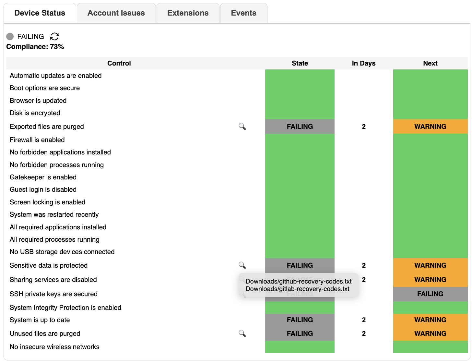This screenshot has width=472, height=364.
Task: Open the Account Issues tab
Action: (x=116, y=13)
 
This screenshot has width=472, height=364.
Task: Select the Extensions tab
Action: (x=188, y=13)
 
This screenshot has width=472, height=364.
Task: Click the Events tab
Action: (x=243, y=13)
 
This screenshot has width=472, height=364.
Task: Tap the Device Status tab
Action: (x=40, y=13)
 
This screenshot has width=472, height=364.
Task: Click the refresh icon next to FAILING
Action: (x=54, y=36)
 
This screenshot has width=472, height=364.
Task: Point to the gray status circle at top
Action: (x=10, y=36)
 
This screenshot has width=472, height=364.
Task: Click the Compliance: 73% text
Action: (x=35, y=47)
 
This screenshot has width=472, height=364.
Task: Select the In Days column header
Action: (x=363, y=63)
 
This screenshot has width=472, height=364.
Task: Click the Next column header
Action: (x=430, y=63)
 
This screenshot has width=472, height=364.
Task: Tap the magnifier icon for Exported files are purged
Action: (x=242, y=127)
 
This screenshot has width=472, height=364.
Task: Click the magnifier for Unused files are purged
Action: (x=242, y=334)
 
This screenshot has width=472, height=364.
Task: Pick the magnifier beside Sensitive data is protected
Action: (x=242, y=265)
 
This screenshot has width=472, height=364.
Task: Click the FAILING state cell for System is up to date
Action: (x=300, y=320)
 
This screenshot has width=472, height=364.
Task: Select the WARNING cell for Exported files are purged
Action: (x=430, y=127)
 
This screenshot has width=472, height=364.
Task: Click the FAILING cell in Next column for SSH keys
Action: (x=430, y=294)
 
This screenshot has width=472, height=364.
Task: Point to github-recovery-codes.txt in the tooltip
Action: (x=298, y=281)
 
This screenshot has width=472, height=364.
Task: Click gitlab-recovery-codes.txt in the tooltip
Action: (x=297, y=289)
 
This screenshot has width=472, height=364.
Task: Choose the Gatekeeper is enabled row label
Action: (x=43, y=177)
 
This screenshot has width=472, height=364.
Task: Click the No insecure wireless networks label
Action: (x=54, y=347)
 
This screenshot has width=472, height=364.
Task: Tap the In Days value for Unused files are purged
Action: (x=364, y=334)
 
